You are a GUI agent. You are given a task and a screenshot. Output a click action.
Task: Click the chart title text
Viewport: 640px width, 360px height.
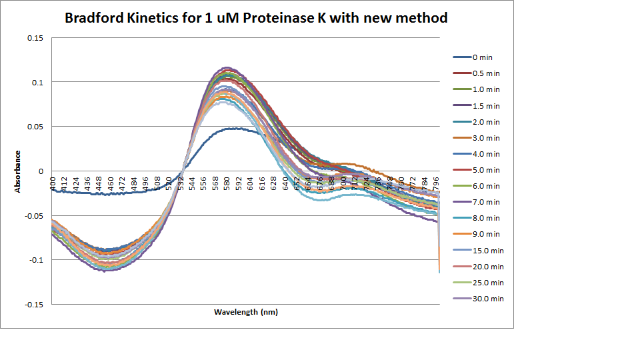click(x=256, y=18)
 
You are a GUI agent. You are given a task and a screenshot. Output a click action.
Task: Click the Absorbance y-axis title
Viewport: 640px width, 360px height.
click(x=18, y=171)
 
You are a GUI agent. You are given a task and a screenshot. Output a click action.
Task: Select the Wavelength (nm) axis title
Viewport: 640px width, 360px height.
click(x=245, y=312)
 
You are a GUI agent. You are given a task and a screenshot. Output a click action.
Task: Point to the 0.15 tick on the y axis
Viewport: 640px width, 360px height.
click(x=35, y=38)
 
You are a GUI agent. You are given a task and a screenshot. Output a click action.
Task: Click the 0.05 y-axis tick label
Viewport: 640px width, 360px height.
click(x=35, y=127)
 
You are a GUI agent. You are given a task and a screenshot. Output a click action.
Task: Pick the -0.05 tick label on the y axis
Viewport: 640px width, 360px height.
click(x=33, y=215)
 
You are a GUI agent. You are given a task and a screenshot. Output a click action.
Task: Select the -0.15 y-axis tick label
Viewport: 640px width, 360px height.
click(x=33, y=304)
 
